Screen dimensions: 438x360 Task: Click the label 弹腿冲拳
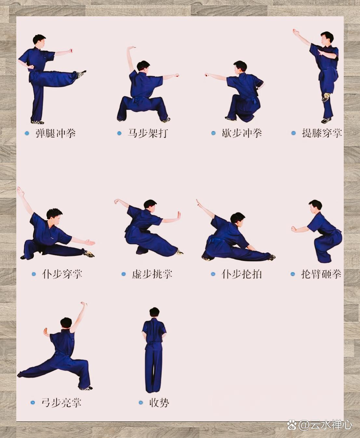[x=56, y=133]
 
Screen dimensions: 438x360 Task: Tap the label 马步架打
[x=147, y=133]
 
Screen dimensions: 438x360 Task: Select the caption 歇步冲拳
[x=242, y=133]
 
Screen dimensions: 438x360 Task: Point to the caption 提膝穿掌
[x=321, y=133]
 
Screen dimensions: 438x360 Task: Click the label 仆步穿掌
[x=62, y=274]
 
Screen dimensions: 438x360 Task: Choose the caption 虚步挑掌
[x=152, y=274]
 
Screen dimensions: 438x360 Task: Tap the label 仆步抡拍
[x=242, y=274]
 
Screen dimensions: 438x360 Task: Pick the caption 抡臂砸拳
[x=321, y=274]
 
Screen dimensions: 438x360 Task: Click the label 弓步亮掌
[x=61, y=403]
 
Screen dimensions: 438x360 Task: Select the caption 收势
[x=159, y=403]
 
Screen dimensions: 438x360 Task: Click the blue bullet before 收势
[x=141, y=403]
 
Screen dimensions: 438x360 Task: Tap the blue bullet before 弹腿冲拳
[x=27, y=133]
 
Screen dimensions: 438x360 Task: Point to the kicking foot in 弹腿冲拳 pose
[x=82, y=74]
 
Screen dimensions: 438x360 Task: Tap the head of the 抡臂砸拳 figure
[x=315, y=206]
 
